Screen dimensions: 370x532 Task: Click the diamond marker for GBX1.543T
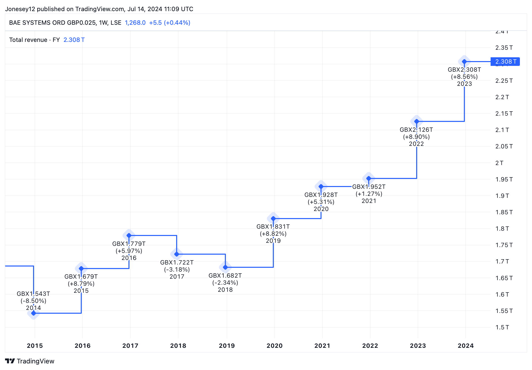coord(34,313)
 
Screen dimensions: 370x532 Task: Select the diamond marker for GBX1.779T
coord(129,235)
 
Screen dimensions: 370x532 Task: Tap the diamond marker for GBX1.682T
coord(225,267)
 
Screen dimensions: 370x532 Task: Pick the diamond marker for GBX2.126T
coord(417,121)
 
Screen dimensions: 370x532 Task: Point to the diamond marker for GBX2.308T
coord(464,62)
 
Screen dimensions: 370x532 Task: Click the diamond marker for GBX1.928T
coord(321,187)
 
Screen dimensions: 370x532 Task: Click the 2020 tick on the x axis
coord(275,346)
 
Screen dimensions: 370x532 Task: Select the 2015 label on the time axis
coord(35,346)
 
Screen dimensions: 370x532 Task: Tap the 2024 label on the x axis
coord(466,346)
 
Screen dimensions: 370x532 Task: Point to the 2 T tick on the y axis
coord(499,163)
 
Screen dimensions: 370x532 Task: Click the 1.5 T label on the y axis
coord(502,327)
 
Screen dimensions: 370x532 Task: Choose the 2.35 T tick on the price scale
coord(504,48)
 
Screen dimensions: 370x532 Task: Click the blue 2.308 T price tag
coord(505,62)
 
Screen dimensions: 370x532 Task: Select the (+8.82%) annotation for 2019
coord(273,234)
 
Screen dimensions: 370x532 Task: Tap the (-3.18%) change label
coord(177,270)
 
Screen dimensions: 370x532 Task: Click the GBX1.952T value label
coord(369,187)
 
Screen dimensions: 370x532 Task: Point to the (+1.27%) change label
coord(369,194)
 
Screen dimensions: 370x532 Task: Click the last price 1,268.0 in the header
coord(135,23)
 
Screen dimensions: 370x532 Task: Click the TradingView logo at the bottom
coord(30,361)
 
